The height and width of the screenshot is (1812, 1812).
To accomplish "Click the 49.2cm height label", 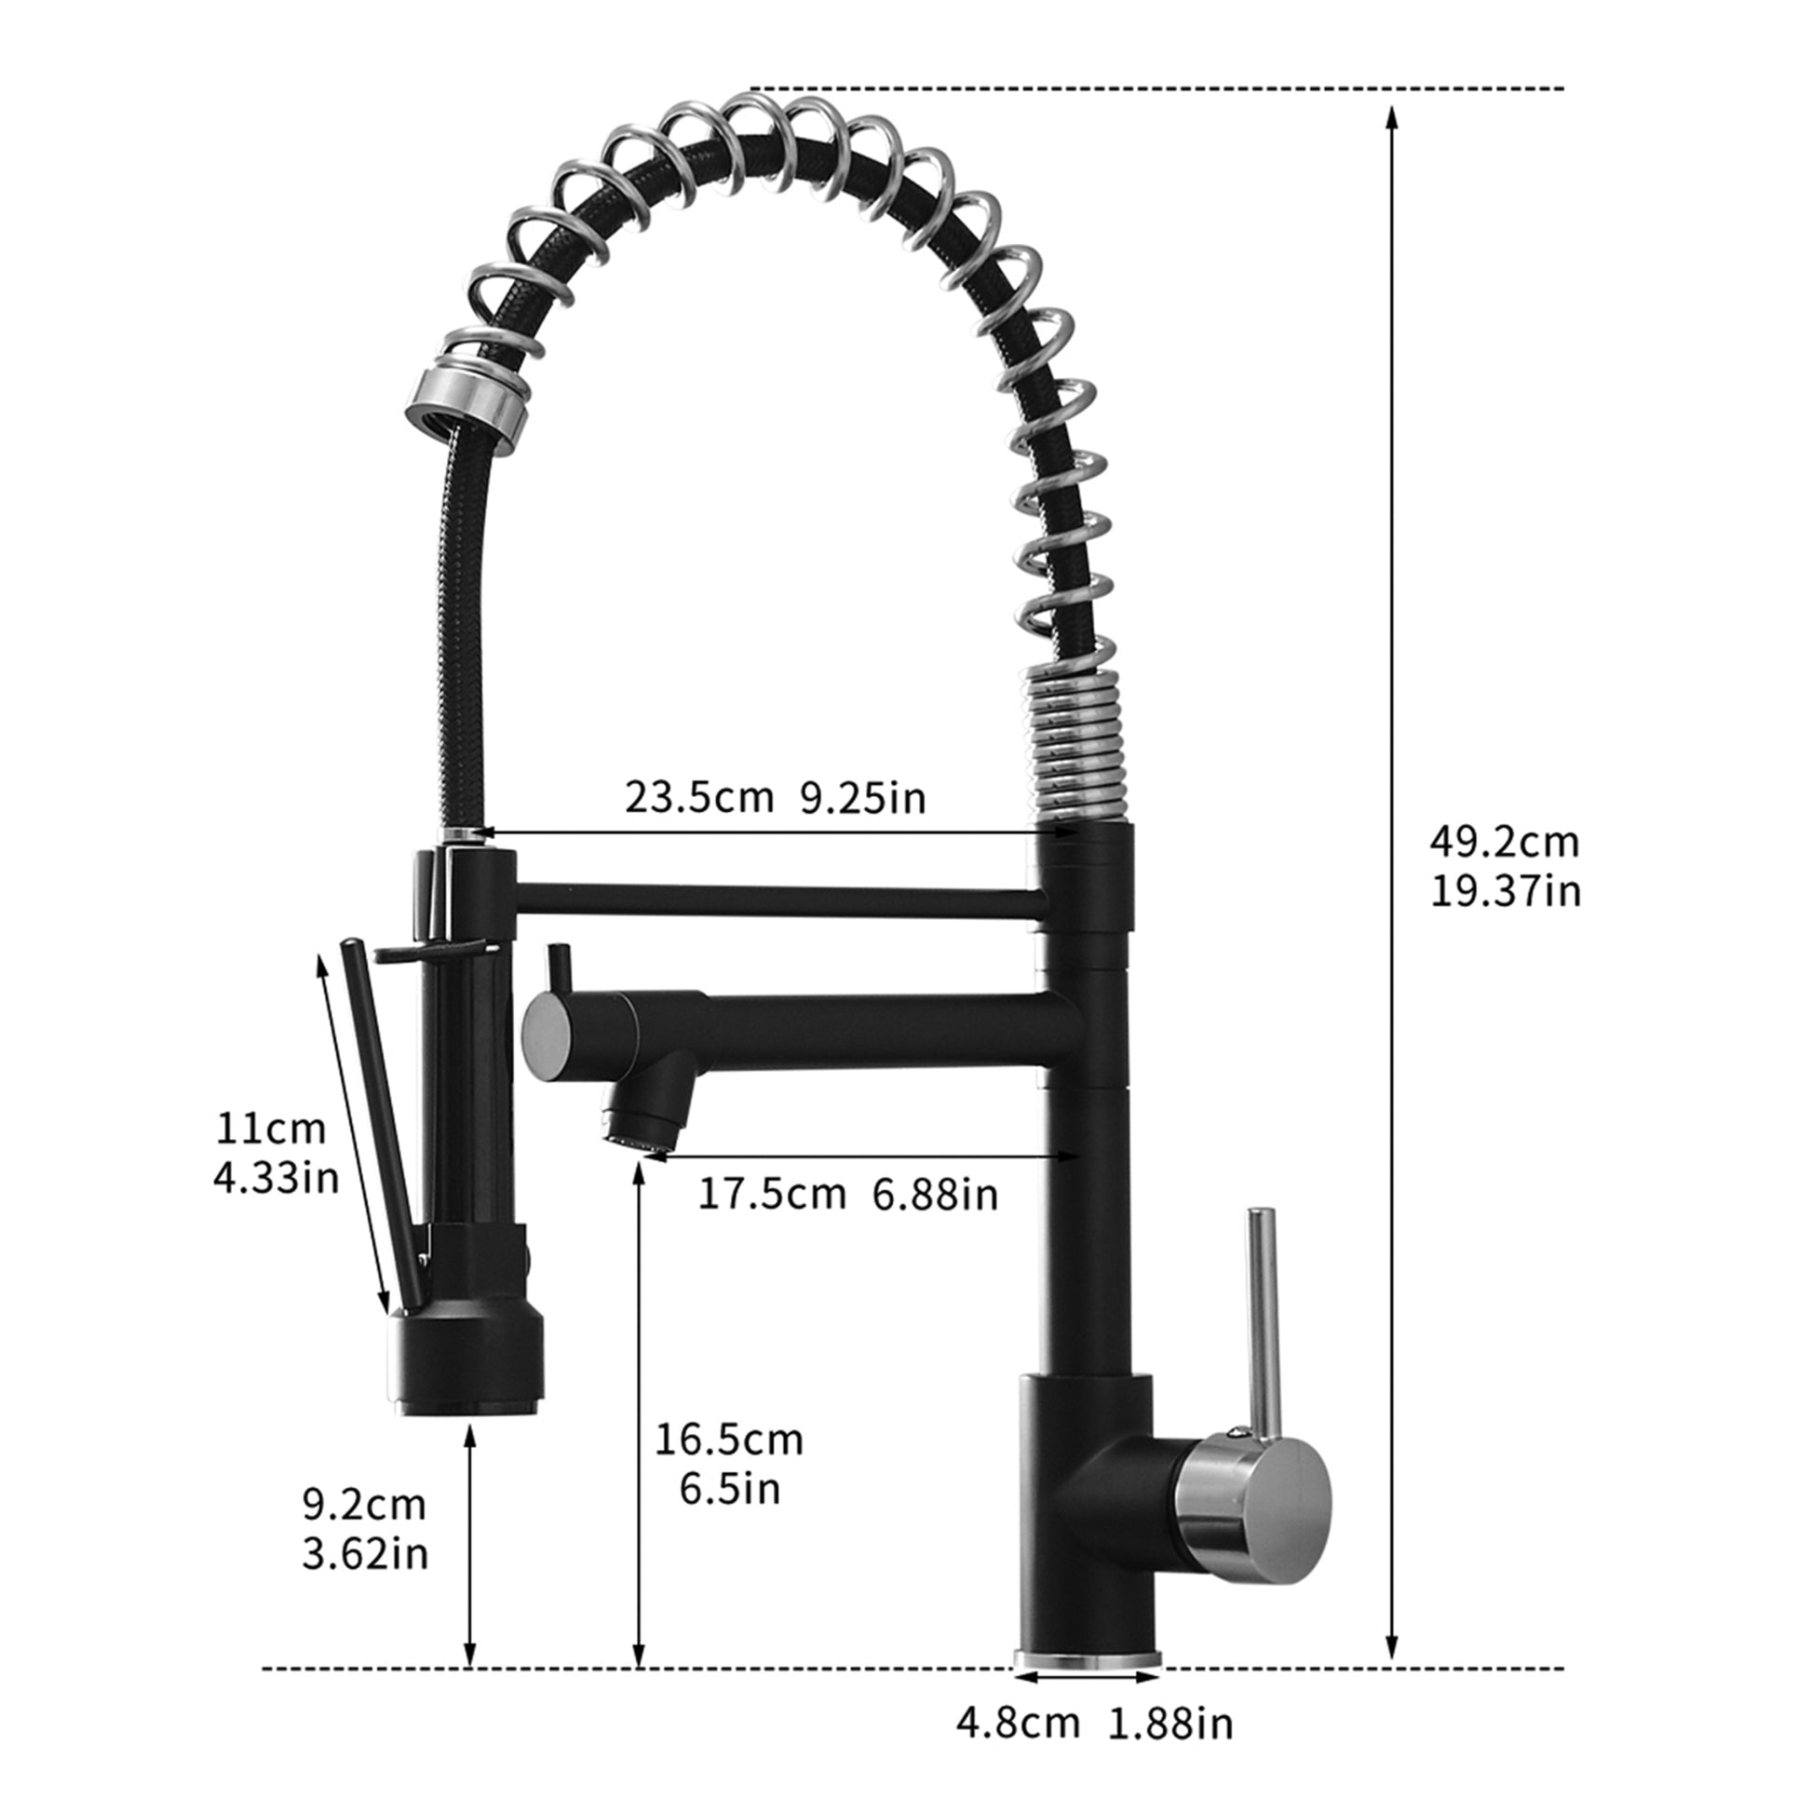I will [x=1504, y=843].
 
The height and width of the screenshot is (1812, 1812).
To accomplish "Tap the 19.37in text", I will [x=1506, y=891].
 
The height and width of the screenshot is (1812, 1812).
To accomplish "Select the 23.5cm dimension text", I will [x=698, y=798].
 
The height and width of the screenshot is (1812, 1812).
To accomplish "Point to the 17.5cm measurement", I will [x=772, y=1195].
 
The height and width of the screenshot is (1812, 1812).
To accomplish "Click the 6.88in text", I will [x=935, y=1195].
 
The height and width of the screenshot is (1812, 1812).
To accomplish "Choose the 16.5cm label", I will [x=729, y=1440].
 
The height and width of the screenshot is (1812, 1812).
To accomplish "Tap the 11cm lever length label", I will [x=271, y=1129].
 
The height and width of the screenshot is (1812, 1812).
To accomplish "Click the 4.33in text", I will [x=276, y=1178].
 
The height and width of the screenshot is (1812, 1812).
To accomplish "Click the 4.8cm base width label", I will [x=1018, y=1723].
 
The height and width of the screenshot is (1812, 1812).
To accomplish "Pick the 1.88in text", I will [x=1171, y=1723].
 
